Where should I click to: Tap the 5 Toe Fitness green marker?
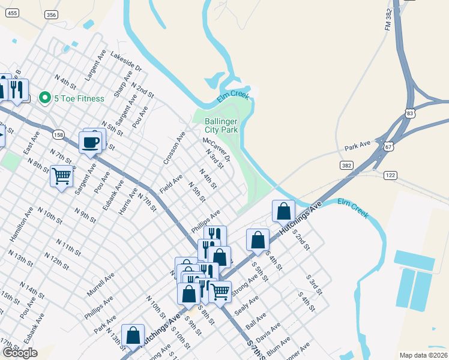(44, 98)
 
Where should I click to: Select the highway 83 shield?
(410, 112)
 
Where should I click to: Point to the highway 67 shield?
(389, 146)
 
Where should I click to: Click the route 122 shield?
(391, 175)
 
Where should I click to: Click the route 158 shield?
(58, 135)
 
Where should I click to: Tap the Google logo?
(20, 352)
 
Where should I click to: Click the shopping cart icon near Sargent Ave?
(62, 176)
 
